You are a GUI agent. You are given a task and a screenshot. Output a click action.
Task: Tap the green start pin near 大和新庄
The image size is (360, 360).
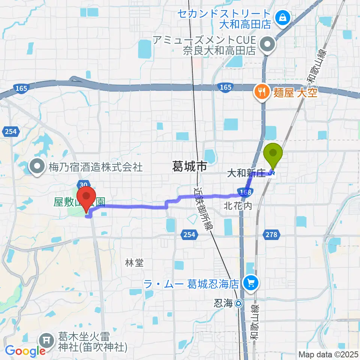pos(273,154)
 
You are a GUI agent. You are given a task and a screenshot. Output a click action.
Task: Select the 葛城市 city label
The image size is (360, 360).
pos(189,166)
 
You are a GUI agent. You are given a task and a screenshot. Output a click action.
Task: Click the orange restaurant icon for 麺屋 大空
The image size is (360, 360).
pos(261,92)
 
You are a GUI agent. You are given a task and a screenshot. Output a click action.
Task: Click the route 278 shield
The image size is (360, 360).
pos(272,235)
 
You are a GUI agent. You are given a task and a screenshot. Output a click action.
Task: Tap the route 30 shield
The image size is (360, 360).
pos(84,184)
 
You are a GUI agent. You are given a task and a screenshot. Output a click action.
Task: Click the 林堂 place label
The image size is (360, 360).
pos(134,263)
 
